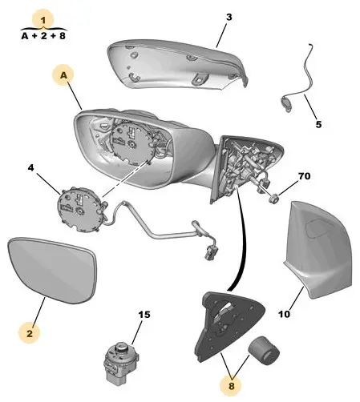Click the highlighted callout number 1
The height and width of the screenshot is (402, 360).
(x=43, y=20)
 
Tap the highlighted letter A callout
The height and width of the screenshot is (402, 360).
(x=63, y=75)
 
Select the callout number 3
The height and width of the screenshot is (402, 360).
(x=229, y=18)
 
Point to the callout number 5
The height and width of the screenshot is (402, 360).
(x=318, y=124)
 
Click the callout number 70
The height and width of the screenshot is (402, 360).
(x=305, y=176)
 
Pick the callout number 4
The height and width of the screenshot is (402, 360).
(x=31, y=168)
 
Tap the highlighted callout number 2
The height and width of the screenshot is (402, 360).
(x=30, y=333)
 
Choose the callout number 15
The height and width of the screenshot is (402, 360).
(x=144, y=315)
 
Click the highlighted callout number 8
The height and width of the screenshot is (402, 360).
(x=232, y=386)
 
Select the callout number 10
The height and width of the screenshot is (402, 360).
(x=284, y=314)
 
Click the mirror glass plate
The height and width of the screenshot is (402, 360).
(x=52, y=270)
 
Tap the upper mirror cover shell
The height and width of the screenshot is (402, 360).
(x=176, y=66)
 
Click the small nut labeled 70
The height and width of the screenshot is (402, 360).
(x=273, y=199)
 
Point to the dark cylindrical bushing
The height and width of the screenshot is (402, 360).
(x=264, y=351)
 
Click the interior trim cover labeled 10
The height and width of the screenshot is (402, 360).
(x=318, y=250)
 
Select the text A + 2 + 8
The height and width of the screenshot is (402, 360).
(x=43, y=36)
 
